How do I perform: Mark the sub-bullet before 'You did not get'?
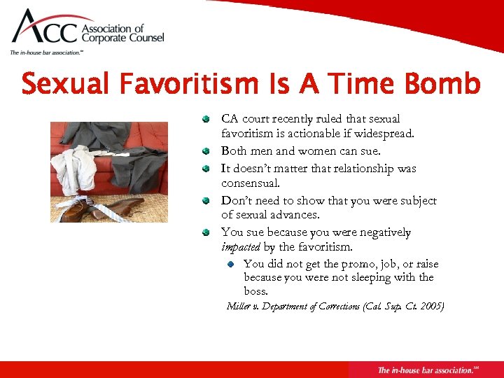click(x=231, y=264)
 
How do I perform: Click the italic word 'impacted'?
click(x=241, y=246)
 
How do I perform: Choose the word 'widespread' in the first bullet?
click(x=384, y=133)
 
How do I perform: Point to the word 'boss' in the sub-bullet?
click(x=255, y=291)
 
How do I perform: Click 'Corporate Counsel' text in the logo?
click(x=123, y=39)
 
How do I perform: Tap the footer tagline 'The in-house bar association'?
click(x=424, y=370)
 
